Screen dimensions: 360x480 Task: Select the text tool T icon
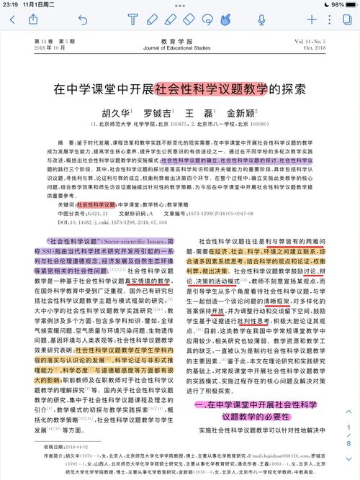132,20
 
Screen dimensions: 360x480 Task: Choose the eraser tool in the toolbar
189,20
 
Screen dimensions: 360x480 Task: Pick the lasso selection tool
207,20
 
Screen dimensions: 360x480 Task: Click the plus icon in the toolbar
311,20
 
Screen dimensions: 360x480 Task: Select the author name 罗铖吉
156,113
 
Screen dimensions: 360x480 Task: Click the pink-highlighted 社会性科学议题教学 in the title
211,90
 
